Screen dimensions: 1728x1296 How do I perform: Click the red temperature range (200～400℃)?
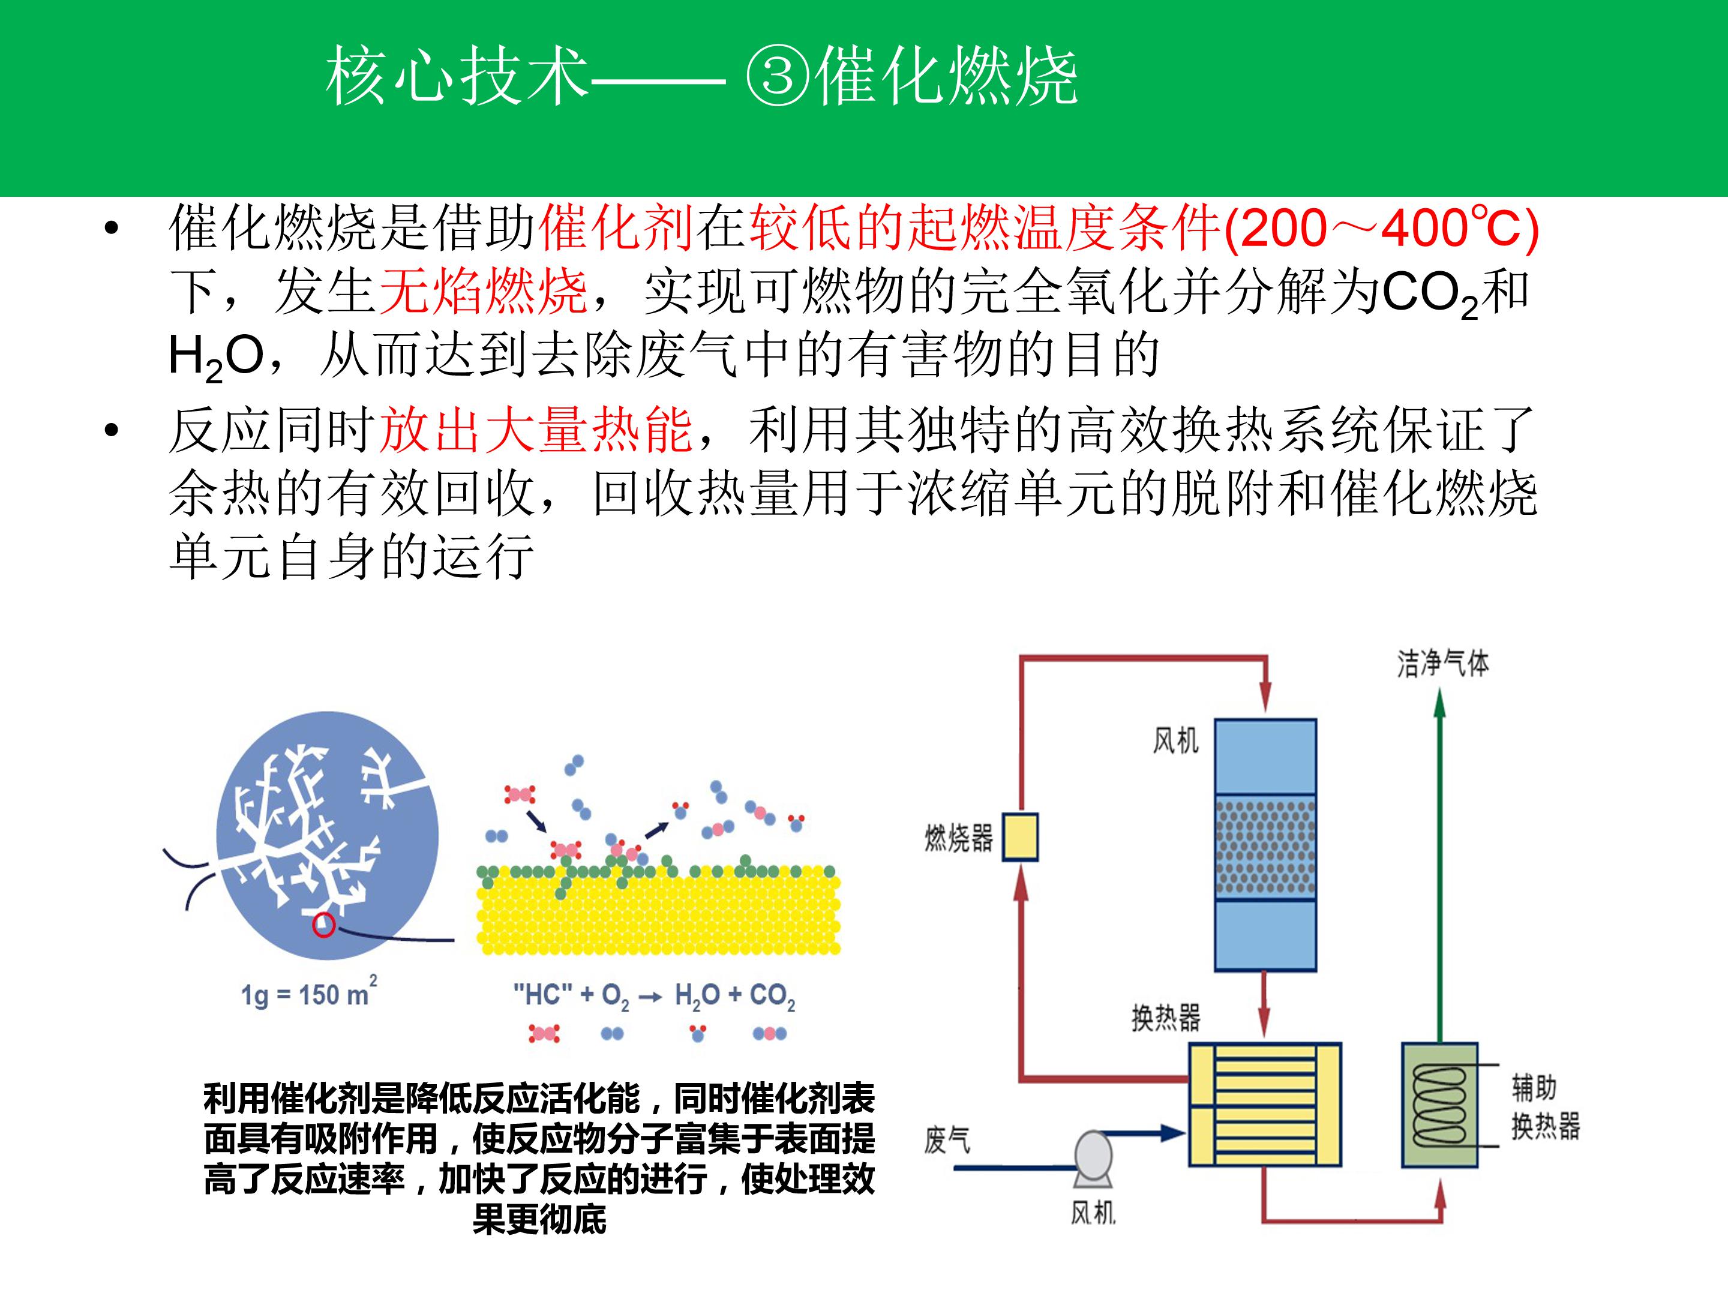[1381, 229]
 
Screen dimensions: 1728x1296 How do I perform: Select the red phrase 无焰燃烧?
[484, 292]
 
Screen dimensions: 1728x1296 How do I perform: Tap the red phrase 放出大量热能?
[536, 430]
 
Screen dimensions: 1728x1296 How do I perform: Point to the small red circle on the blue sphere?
[323, 925]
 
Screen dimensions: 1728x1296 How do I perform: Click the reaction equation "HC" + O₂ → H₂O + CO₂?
[654, 996]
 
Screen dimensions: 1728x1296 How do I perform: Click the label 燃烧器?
[959, 838]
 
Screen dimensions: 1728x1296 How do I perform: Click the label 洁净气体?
[1443, 663]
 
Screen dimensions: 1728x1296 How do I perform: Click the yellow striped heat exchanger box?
[1265, 1105]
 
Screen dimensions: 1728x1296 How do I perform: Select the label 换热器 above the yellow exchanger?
[1166, 1017]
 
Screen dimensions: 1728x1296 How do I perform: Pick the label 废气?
[947, 1140]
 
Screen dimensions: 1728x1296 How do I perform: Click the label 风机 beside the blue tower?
[1175, 740]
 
